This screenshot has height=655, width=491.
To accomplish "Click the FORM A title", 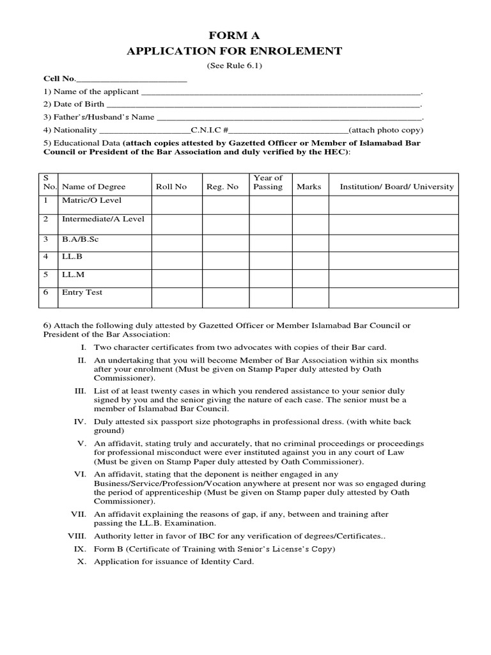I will click(x=235, y=36).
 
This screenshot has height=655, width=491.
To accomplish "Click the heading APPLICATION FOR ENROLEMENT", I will click(x=235, y=51).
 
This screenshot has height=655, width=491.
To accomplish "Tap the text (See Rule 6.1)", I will click(x=235, y=66).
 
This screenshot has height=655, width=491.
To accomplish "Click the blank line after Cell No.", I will click(x=131, y=79).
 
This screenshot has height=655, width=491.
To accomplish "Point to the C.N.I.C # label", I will click(x=210, y=130).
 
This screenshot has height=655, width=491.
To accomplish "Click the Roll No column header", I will click(x=171, y=187).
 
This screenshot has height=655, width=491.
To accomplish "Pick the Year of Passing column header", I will click(x=268, y=182).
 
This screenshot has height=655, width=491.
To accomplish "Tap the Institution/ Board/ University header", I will click(x=396, y=187).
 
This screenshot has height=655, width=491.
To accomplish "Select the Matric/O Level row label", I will click(x=91, y=201).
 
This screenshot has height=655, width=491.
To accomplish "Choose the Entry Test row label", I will click(x=82, y=293).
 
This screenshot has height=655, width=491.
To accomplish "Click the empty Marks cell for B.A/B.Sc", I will click(x=309, y=242).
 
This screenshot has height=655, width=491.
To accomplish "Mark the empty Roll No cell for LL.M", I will click(x=176, y=279).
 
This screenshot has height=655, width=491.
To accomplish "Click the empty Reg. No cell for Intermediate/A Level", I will click(x=226, y=224).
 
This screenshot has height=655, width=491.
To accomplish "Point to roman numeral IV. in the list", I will click(x=80, y=422).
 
